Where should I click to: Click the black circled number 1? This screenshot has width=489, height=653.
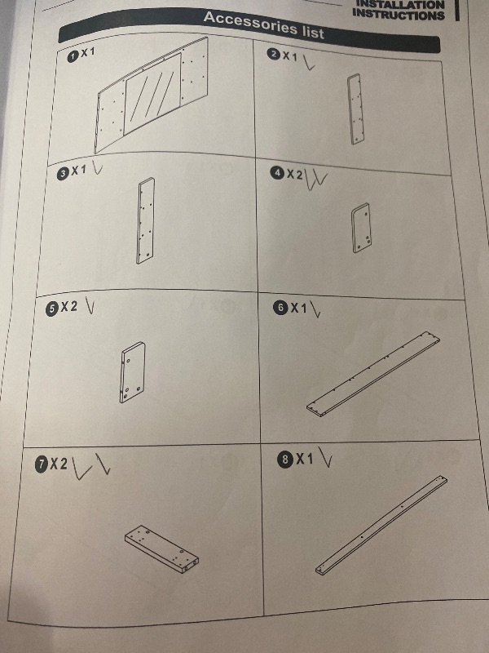point(73,56)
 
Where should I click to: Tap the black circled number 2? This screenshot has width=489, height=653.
point(274,54)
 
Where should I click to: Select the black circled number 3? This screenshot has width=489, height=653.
point(63,174)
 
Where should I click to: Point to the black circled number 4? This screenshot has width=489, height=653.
point(277,173)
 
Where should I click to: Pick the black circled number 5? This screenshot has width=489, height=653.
point(51,309)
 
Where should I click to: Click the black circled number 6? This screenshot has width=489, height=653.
point(281,308)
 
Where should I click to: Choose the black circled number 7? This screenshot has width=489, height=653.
point(42,464)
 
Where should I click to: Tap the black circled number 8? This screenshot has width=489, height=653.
point(285,460)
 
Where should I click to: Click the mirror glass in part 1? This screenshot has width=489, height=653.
point(153,93)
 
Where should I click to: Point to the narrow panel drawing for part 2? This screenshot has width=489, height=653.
point(355,109)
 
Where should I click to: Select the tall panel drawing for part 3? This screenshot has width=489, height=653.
point(146,220)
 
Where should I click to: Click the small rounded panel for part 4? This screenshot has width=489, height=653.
point(361,228)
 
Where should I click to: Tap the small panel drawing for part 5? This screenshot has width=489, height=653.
point(133,372)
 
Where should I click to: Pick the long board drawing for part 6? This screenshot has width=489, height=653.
point(373,374)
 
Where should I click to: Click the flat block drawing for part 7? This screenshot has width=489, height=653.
point(161,549)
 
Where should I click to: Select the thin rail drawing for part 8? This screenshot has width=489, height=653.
point(381,525)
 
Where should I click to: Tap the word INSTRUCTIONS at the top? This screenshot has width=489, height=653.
point(399,15)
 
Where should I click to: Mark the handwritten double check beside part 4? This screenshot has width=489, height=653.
point(316,180)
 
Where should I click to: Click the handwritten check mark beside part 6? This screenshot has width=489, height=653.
point(315,309)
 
